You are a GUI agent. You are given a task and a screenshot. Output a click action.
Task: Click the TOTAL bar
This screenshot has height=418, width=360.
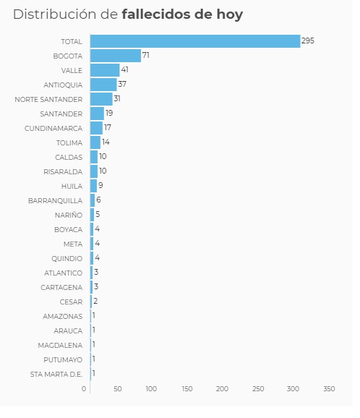click(195, 41)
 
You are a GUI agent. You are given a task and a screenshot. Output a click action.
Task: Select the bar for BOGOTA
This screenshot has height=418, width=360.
click(116, 56)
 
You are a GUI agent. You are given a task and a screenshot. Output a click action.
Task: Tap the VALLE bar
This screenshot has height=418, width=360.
click(105, 70)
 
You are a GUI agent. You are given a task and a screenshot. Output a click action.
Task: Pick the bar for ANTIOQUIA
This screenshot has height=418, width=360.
click(103, 85)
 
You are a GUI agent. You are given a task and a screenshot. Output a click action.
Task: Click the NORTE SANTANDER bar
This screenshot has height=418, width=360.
click(101, 99)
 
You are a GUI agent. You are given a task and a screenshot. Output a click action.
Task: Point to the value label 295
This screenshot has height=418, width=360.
click(308, 41)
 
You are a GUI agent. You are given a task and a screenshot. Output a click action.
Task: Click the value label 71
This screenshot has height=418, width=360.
click(146, 56)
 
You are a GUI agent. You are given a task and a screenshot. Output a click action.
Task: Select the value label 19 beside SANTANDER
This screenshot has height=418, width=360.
click(109, 114)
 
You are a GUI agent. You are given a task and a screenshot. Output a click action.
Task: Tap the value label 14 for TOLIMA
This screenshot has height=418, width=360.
click(106, 142)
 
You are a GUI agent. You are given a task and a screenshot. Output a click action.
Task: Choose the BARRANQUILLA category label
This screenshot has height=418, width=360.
click(55, 200)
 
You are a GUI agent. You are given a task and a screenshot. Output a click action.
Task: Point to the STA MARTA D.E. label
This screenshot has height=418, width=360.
click(56, 374)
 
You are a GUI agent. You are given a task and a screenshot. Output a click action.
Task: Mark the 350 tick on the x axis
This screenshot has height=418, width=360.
click(329, 389)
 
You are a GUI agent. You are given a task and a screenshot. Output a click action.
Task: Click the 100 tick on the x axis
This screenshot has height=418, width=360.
click(151, 389)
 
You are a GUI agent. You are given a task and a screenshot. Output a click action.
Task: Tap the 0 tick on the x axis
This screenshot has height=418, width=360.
click(84, 389)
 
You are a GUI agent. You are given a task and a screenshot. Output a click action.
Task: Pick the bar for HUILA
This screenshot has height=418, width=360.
click(93, 186)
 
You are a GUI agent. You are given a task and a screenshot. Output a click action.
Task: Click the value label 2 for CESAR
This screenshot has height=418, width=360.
click(95, 302)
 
